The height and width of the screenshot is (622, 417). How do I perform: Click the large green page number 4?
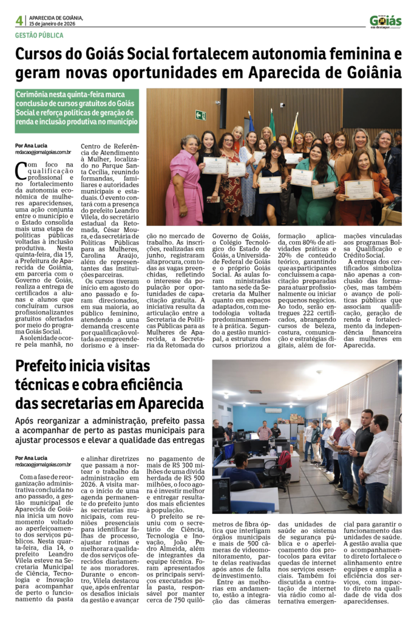point(19,20)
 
